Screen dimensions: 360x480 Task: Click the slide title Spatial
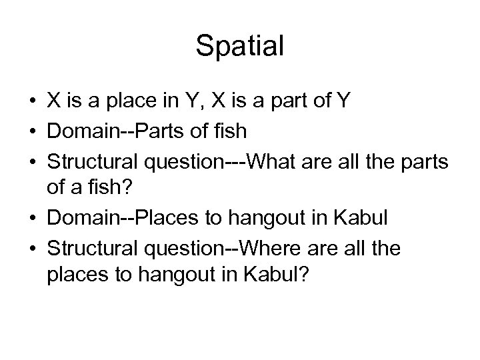(x=240, y=46)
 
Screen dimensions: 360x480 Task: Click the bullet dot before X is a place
(x=32, y=101)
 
